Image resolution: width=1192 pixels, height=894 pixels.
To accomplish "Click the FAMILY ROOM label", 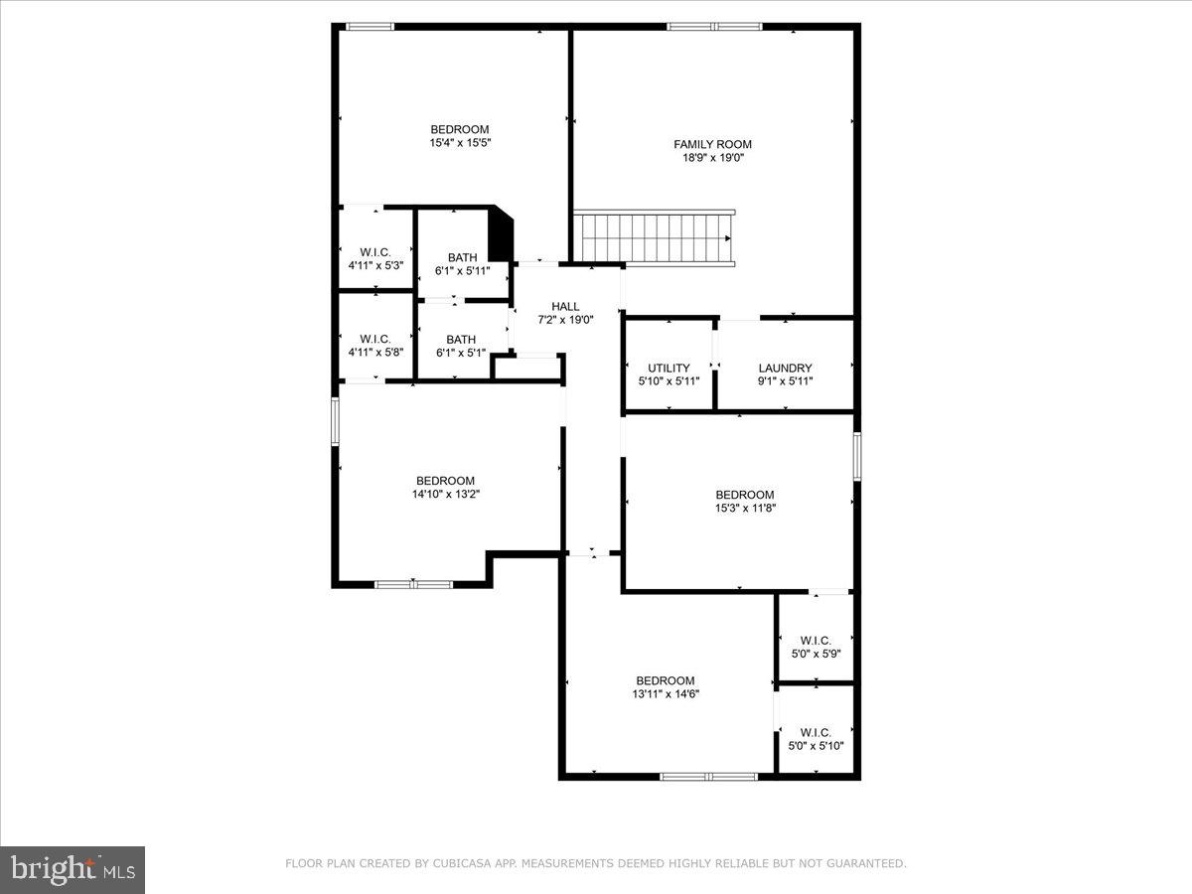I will tap(712, 144).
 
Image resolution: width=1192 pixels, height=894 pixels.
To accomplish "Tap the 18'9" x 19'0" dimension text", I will tap(712, 158).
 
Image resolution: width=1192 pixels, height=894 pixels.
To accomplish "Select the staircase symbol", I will tap(655, 238).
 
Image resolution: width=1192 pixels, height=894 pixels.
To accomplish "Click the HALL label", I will tap(565, 307).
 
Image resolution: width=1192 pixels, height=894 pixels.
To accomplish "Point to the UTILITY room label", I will tap(669, 369).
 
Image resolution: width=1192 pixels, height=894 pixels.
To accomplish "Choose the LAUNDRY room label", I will tap(785, 369).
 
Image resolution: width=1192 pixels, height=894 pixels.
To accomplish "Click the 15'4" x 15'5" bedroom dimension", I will tap(460, 143).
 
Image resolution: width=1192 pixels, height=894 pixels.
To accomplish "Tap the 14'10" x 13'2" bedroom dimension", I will tap(445, 495).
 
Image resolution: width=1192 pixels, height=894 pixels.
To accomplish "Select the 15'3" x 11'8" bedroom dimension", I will tap(744, 509).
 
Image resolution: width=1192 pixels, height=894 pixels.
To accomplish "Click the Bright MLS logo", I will tap(73, 870).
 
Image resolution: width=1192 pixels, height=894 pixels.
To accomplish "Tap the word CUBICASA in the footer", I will tap(459, 864).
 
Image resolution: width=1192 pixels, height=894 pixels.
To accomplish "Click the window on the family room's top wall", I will tap(714, 27).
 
